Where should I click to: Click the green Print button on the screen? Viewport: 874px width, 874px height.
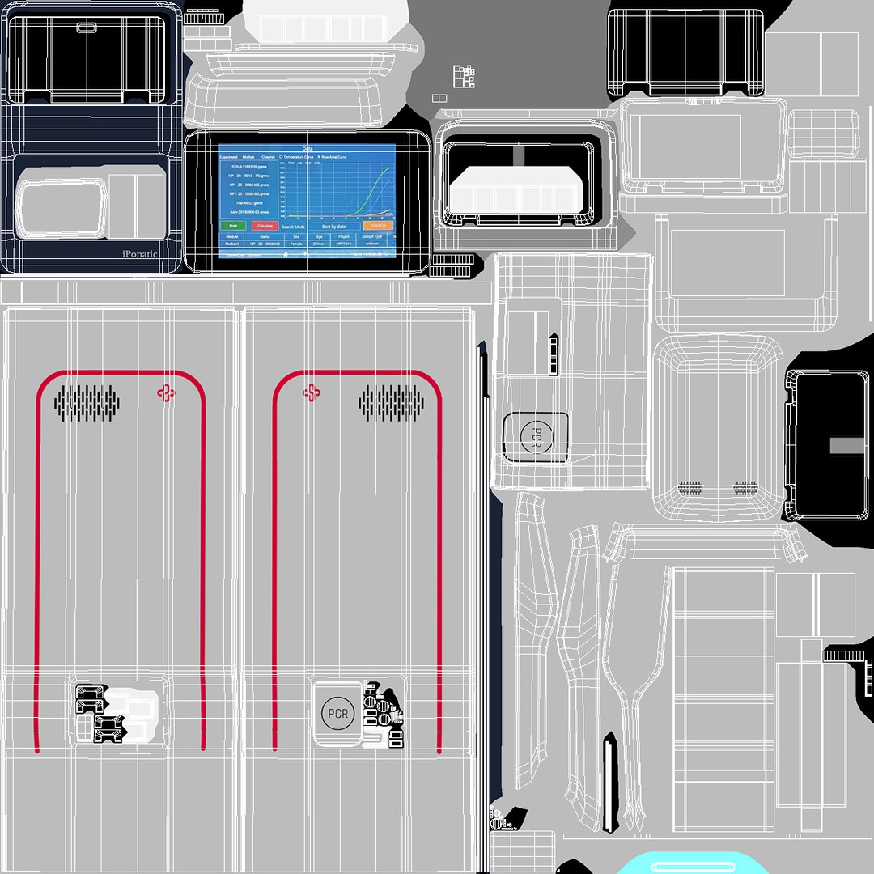233,226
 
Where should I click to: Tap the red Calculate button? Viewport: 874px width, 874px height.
265,226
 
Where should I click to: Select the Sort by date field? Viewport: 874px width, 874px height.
334,227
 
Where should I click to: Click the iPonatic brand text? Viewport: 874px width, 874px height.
140,253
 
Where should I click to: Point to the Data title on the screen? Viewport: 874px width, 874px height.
308,149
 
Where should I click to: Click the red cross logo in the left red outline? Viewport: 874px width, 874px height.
166,392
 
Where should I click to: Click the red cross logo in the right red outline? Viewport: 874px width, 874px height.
311,392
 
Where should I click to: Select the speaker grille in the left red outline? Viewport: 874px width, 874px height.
87,402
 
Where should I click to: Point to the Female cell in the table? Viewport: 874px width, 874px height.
296,243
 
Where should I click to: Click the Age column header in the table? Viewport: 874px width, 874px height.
320,236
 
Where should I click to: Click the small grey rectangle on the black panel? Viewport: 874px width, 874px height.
847,445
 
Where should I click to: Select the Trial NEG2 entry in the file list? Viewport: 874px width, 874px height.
249,202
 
